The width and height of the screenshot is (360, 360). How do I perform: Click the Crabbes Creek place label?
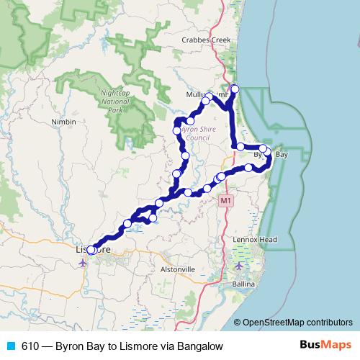[206, 40]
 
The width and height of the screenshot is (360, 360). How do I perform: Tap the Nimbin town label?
[63, 122]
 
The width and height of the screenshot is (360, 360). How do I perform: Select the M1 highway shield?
[226, 199]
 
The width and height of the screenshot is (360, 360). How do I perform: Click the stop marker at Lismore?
[91, 250]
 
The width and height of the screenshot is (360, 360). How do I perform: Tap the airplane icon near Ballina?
[239, 266]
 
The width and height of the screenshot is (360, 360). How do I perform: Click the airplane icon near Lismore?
[83, 262]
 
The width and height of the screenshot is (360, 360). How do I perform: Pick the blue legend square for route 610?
[9, 346]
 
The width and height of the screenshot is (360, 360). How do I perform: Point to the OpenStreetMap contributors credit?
[297, 323]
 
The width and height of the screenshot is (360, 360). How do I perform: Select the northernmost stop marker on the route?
[234, 89]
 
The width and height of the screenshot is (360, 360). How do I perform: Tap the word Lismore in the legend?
[143, 346]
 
